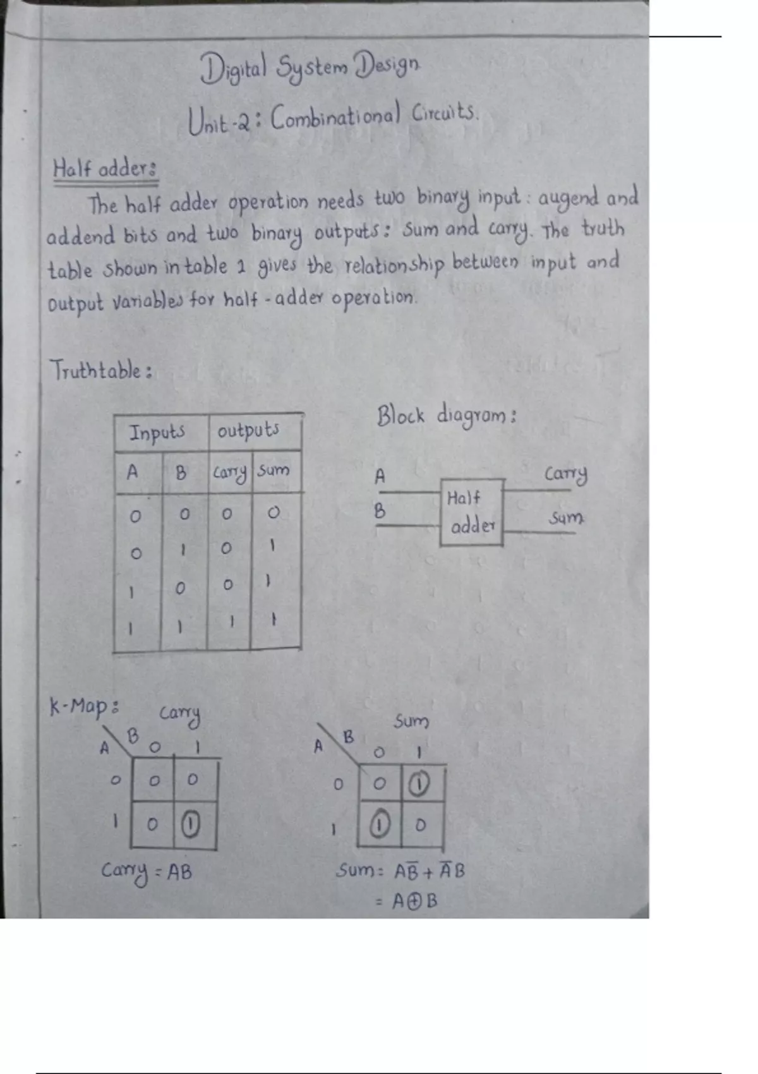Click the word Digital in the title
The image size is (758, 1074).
tap(233, 69)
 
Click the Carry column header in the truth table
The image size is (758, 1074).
tap(230, 473)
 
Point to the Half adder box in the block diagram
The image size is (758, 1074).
tap(472, 512)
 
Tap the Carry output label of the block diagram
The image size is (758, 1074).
tap(565, 474)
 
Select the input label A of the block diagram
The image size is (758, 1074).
tap(380, 476)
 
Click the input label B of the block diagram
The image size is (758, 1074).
tap(380, 511)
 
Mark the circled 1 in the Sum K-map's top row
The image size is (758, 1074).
tap(419, 785)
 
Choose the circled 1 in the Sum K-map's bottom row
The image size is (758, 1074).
tap(379, 824)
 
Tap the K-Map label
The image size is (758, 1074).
tap(84, 706)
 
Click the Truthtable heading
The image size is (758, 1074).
tap(101, 371)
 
